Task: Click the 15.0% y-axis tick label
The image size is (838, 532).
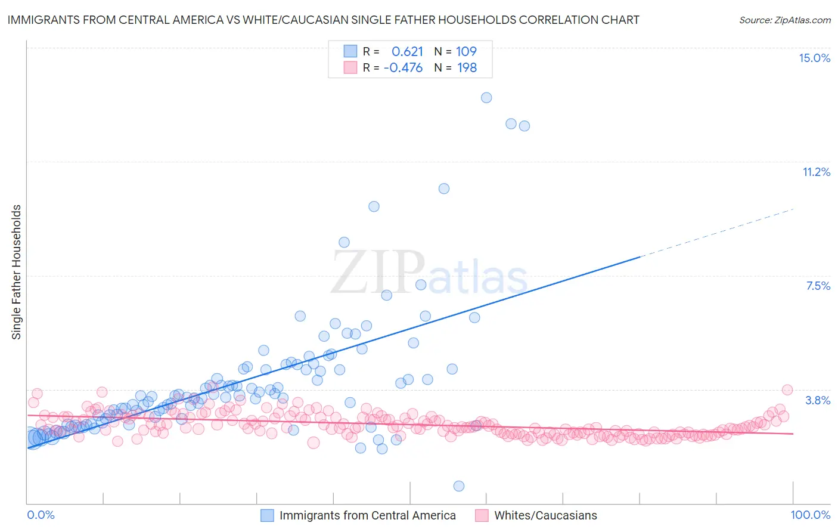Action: pos(814,58)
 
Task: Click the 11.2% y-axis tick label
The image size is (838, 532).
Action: pos(816,172)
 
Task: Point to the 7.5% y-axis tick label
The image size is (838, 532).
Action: pos(818,286)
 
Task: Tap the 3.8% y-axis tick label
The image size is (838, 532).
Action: pos(818,400)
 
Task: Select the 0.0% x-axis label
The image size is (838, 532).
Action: pos(41,515)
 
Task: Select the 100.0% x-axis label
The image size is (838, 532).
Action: pos(810,515)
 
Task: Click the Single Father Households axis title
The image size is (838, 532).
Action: pos(17,272)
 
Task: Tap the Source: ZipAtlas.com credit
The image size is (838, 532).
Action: pos(784,20)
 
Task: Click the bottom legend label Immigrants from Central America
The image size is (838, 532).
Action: pos(367,515)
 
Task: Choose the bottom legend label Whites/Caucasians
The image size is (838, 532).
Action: pos(545,515)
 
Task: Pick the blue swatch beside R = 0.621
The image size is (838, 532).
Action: pos(350,51)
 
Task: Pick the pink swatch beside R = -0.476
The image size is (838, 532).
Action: pos(350,67)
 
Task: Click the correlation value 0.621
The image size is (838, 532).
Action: pos(407,51)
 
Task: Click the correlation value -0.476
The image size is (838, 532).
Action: pos(403,67)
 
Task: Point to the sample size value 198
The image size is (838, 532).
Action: pos(467,67)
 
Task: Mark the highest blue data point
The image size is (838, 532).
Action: pos(486,98)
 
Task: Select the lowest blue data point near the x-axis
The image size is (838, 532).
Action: pos(459,486)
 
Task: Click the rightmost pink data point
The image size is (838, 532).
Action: pos(787,390)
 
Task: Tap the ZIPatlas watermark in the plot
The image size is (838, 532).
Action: pos(429,272)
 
